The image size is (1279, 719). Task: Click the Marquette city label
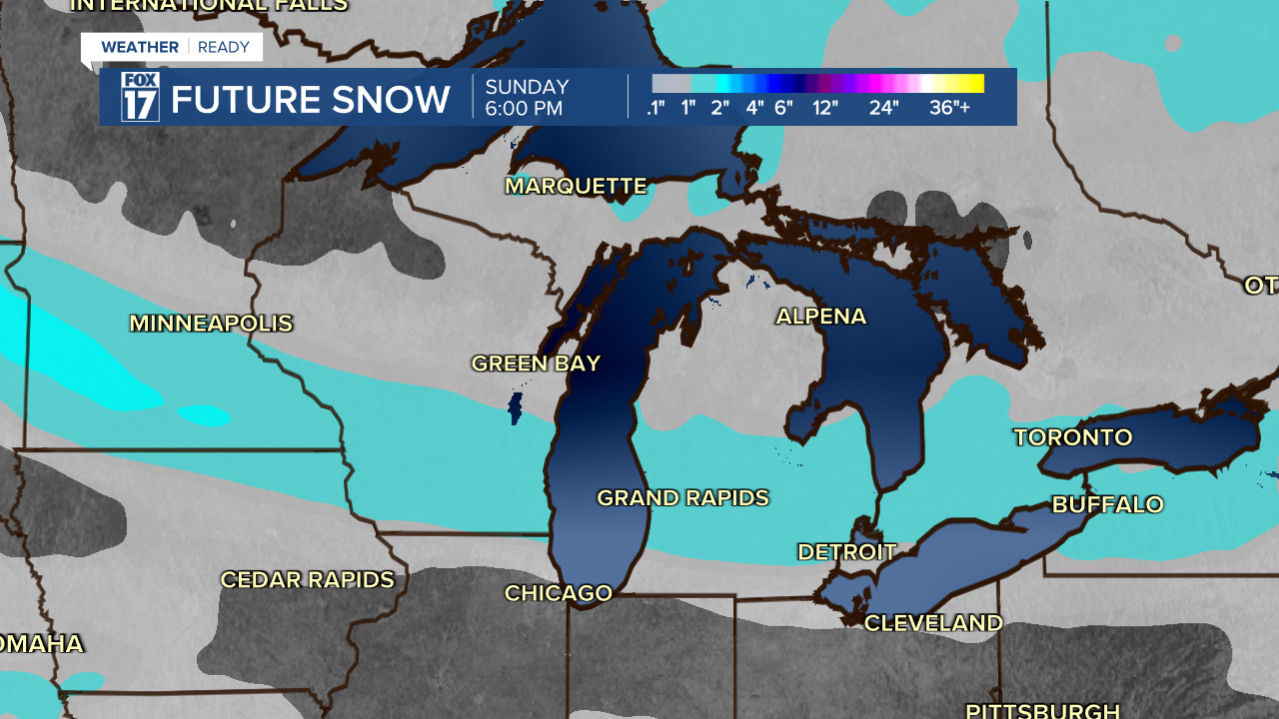pos(576,186)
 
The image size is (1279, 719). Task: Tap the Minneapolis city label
pos(211,324)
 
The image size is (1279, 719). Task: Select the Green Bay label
pos(536,363)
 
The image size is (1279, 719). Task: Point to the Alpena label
pos(820,317)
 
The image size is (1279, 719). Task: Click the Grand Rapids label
pos(682,497)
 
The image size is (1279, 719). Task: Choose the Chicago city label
pos(558,593)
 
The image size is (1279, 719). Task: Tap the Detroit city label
pos(846,552)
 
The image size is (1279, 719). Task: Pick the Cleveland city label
pos(932,623)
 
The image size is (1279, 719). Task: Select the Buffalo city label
pos(1107,504)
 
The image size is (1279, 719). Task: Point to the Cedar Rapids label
pos(307,580)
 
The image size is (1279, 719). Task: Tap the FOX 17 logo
pos(140,97)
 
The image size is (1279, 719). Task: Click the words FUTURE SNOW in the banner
pos(311,100)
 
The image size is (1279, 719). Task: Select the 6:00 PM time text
pos(524,109)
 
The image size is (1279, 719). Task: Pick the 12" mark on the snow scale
pos(824,108)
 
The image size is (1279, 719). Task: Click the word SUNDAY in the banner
pos(527,87)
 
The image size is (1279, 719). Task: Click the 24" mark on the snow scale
pos(883,108)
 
